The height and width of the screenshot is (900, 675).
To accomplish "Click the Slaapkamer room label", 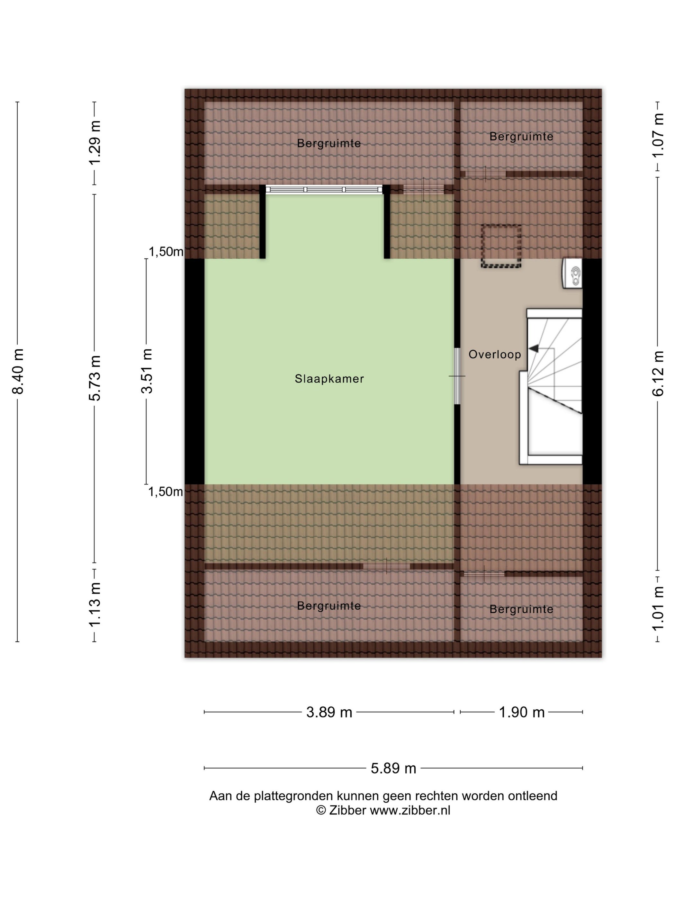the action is (x=329, y=379).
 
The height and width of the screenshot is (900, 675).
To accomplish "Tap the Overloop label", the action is (x=495, y=355).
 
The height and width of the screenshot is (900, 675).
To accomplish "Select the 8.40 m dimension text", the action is (x=18, y=372).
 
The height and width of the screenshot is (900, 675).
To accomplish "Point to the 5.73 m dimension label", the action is (x=95, y=378).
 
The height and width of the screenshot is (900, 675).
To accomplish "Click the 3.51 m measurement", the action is (x=147, y=371).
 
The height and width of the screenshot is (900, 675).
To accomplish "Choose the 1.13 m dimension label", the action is (x=95, y=605).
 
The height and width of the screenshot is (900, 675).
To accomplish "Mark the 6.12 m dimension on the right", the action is (x=658, y=373).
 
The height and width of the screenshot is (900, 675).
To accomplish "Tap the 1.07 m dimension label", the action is (x=658, y=136).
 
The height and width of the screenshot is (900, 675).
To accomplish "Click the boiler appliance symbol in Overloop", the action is (x=572, y=274).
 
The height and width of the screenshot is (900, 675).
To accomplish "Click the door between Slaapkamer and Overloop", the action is (x=457, y=376).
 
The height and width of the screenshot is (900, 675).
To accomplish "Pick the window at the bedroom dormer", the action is (x=324, y=189).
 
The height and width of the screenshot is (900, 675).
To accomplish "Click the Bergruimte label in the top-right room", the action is (x=521, y=137).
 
